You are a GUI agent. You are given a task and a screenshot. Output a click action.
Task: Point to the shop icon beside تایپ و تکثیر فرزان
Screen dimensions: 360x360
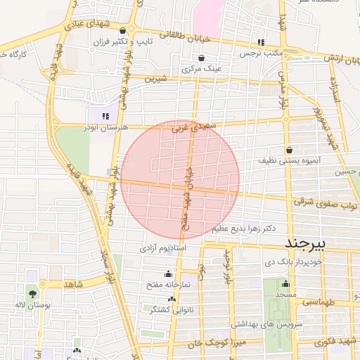coord(124,30)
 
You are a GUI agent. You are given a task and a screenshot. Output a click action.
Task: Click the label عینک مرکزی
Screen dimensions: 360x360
coord(202,70)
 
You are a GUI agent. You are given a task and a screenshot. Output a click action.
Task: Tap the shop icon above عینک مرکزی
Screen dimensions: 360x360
coord(202,58)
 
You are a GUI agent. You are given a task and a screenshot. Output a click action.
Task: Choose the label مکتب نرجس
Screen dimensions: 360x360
coord(260,53)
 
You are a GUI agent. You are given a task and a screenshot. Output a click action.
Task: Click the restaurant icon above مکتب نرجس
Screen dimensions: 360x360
coord(261,42)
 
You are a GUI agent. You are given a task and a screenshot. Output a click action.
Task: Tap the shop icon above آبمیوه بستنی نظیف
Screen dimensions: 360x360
coord(290,149)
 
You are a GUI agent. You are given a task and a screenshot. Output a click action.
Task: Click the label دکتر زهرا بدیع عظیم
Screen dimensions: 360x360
coord(243,229)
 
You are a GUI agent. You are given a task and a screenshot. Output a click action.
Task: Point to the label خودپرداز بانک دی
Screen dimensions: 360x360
coord(313,261)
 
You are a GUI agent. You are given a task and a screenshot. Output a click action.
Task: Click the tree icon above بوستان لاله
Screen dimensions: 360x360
coord(32,292)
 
